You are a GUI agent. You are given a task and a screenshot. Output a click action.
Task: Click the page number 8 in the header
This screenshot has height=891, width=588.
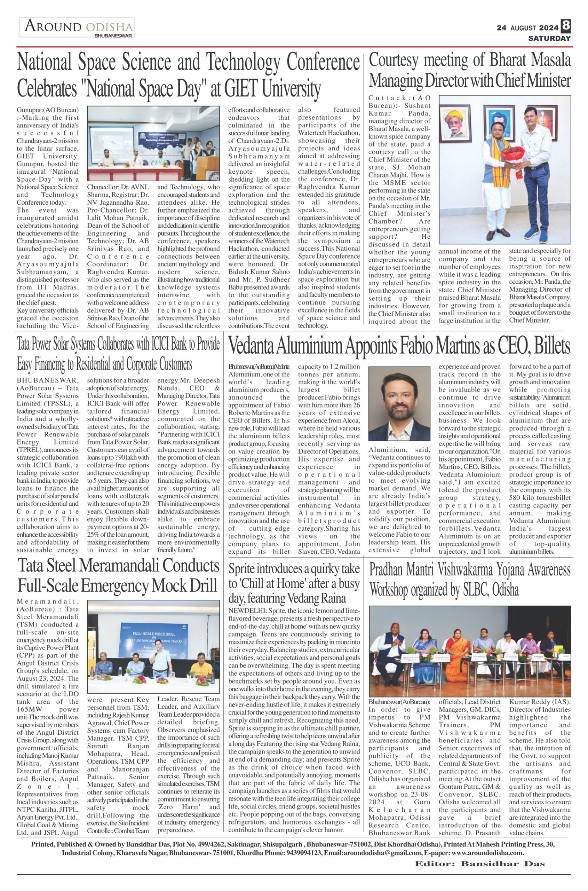(565, 26)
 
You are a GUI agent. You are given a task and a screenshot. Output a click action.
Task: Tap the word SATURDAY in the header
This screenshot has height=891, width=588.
(549, 38)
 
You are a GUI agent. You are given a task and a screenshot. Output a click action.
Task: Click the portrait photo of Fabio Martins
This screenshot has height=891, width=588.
(399, 403)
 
